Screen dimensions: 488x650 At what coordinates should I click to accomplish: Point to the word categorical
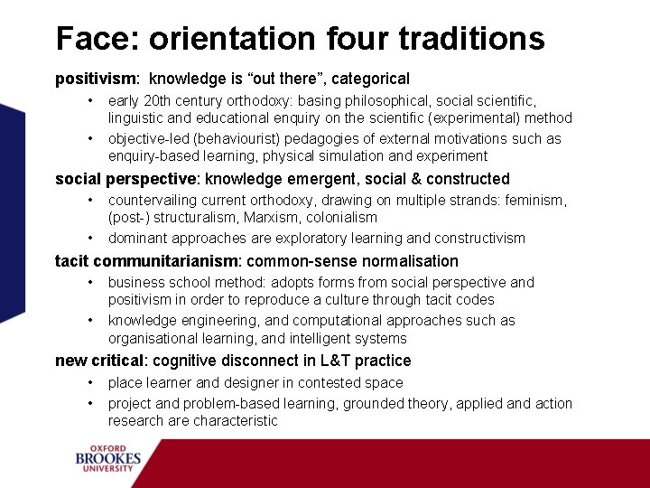[x=372, y=80]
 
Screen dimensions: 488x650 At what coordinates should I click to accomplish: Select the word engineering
[x=209, y=321]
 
